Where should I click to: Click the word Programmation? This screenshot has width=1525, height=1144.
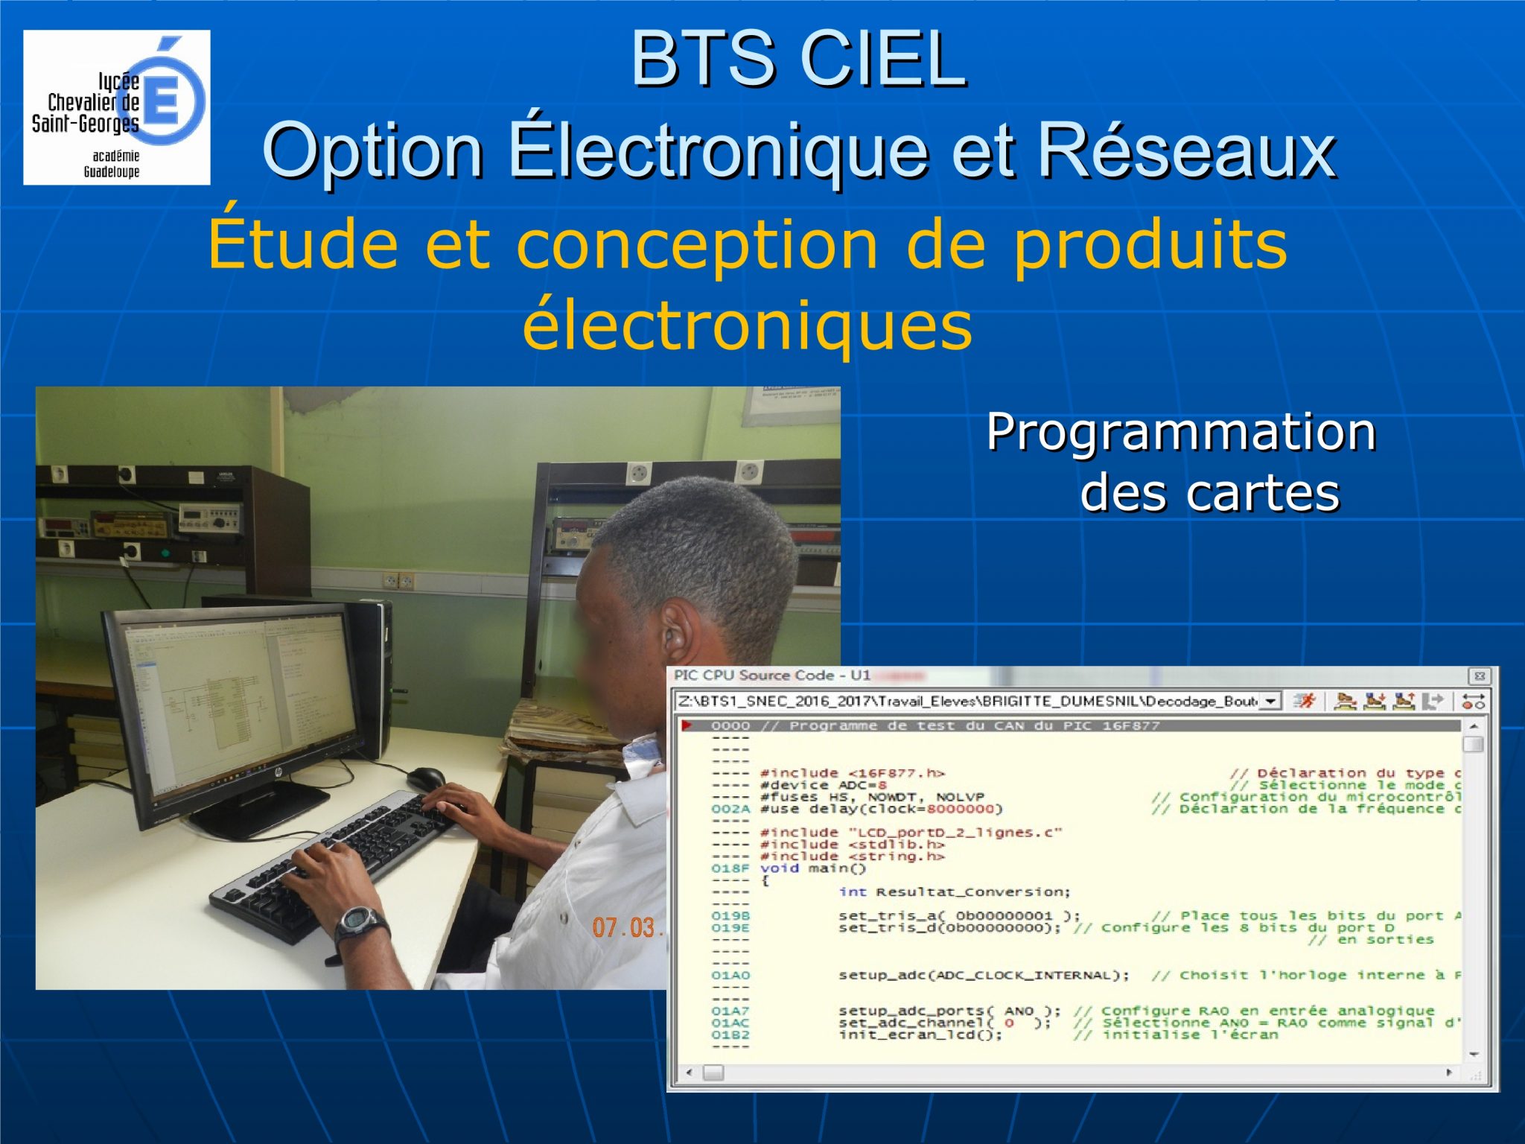[x=1180, y=432]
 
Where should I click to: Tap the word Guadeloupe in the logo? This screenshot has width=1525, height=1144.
[x=111, y=172]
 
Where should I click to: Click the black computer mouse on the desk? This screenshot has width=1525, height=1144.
[x=426, y=779]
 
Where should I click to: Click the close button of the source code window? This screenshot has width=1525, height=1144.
[x=1479, y=676]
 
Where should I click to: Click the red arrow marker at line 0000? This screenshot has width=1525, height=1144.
[x=687, y=725]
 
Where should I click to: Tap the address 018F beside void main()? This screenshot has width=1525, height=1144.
[x=730, y=868]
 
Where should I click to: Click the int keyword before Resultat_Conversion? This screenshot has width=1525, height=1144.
[x=852, y=892]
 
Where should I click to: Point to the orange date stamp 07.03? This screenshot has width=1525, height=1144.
[x=624, y=928]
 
